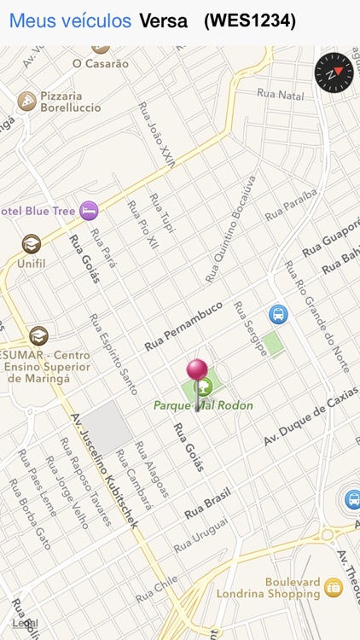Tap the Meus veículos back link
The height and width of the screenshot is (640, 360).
(x=70, y=21)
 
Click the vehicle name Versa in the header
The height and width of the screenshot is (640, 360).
(x=163, y=21)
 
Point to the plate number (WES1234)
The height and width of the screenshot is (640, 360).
(x=250, y=21)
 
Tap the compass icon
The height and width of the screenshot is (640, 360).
(x=334, y=73)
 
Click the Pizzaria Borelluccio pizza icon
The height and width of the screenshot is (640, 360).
(x=26, y=102)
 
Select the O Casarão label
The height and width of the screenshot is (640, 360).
(x=101, y=63)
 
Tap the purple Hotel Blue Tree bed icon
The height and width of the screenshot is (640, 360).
(x=89, y=210)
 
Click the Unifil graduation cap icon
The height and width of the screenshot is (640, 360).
(x=32, y=244)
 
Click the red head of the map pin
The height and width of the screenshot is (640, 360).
(x=198, y=369)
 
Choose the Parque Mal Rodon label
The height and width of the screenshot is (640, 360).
(x=203, y=405)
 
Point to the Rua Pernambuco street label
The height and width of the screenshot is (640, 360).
(x=183, y=325)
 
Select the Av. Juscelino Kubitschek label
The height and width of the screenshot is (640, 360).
(x=104, y=470)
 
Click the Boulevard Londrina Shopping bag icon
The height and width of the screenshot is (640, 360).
(x=333, y=587)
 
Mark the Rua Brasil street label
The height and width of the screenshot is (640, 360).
(x=207, y=503)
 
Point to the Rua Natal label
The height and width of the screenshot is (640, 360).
(x=280, y=95)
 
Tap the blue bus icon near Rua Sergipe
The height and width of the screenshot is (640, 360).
(x=278, y=314)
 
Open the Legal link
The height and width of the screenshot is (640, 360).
(x=25, y=624)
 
